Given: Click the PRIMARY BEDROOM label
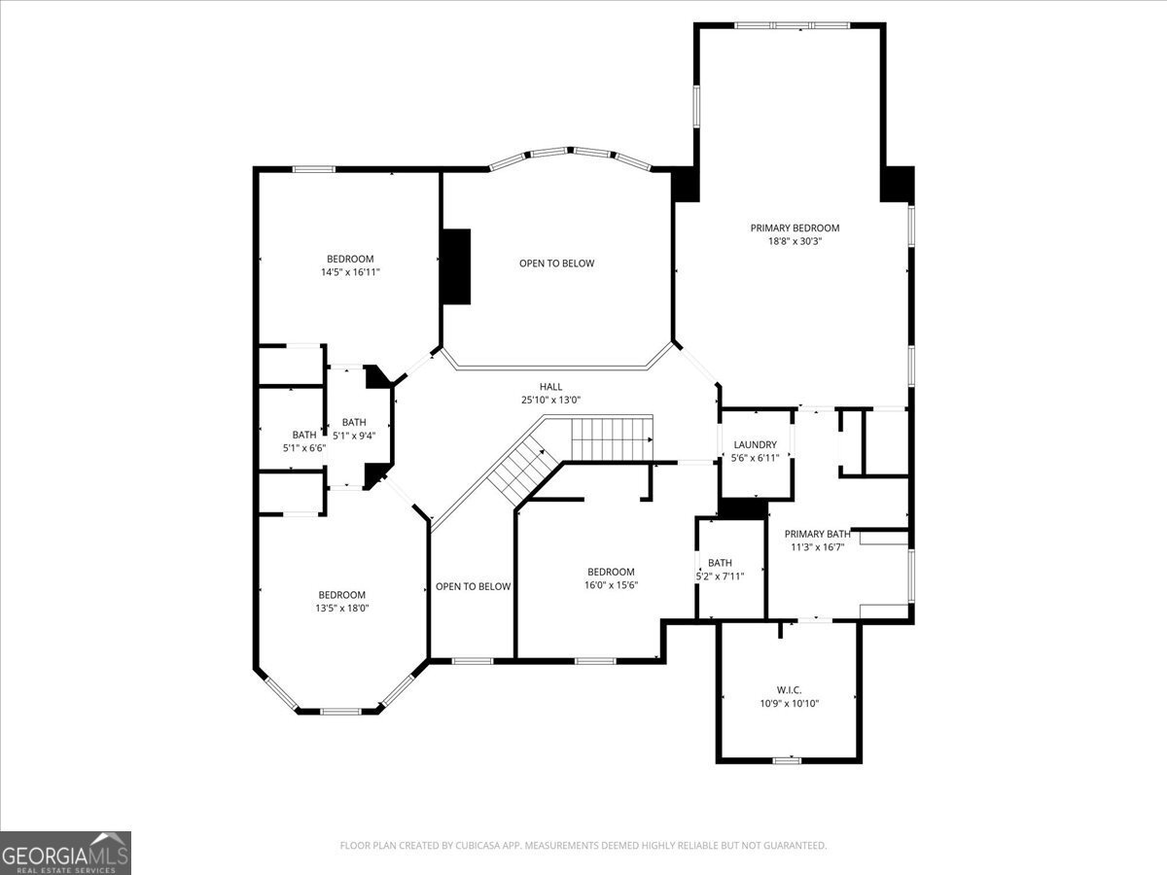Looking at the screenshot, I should pos(795,228).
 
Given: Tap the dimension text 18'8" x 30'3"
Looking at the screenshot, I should pos(795,242).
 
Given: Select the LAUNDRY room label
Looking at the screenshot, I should pos(755,444).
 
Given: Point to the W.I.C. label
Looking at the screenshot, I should pos(789,689).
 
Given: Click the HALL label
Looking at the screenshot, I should pos(550,386).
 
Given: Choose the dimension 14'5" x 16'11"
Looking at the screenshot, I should pos(350,272).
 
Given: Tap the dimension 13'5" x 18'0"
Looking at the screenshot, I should pos(341,609).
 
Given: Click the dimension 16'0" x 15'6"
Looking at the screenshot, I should pos(610,585).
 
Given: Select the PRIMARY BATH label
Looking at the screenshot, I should pos(817,534).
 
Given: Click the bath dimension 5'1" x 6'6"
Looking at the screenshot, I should pos(303,448).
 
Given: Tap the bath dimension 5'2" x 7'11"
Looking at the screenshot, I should pos(720,577).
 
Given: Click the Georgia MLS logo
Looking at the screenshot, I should pos(65,853).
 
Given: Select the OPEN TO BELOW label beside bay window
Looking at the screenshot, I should pos(556,263).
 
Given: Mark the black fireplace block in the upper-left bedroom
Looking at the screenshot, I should pos(456,265).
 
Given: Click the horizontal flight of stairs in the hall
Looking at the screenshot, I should pos(611,437).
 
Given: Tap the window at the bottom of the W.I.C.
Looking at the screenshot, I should pos(787,759).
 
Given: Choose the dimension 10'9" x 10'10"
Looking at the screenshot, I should pos(789,703).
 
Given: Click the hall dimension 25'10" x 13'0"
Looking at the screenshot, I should pos(550,400).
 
